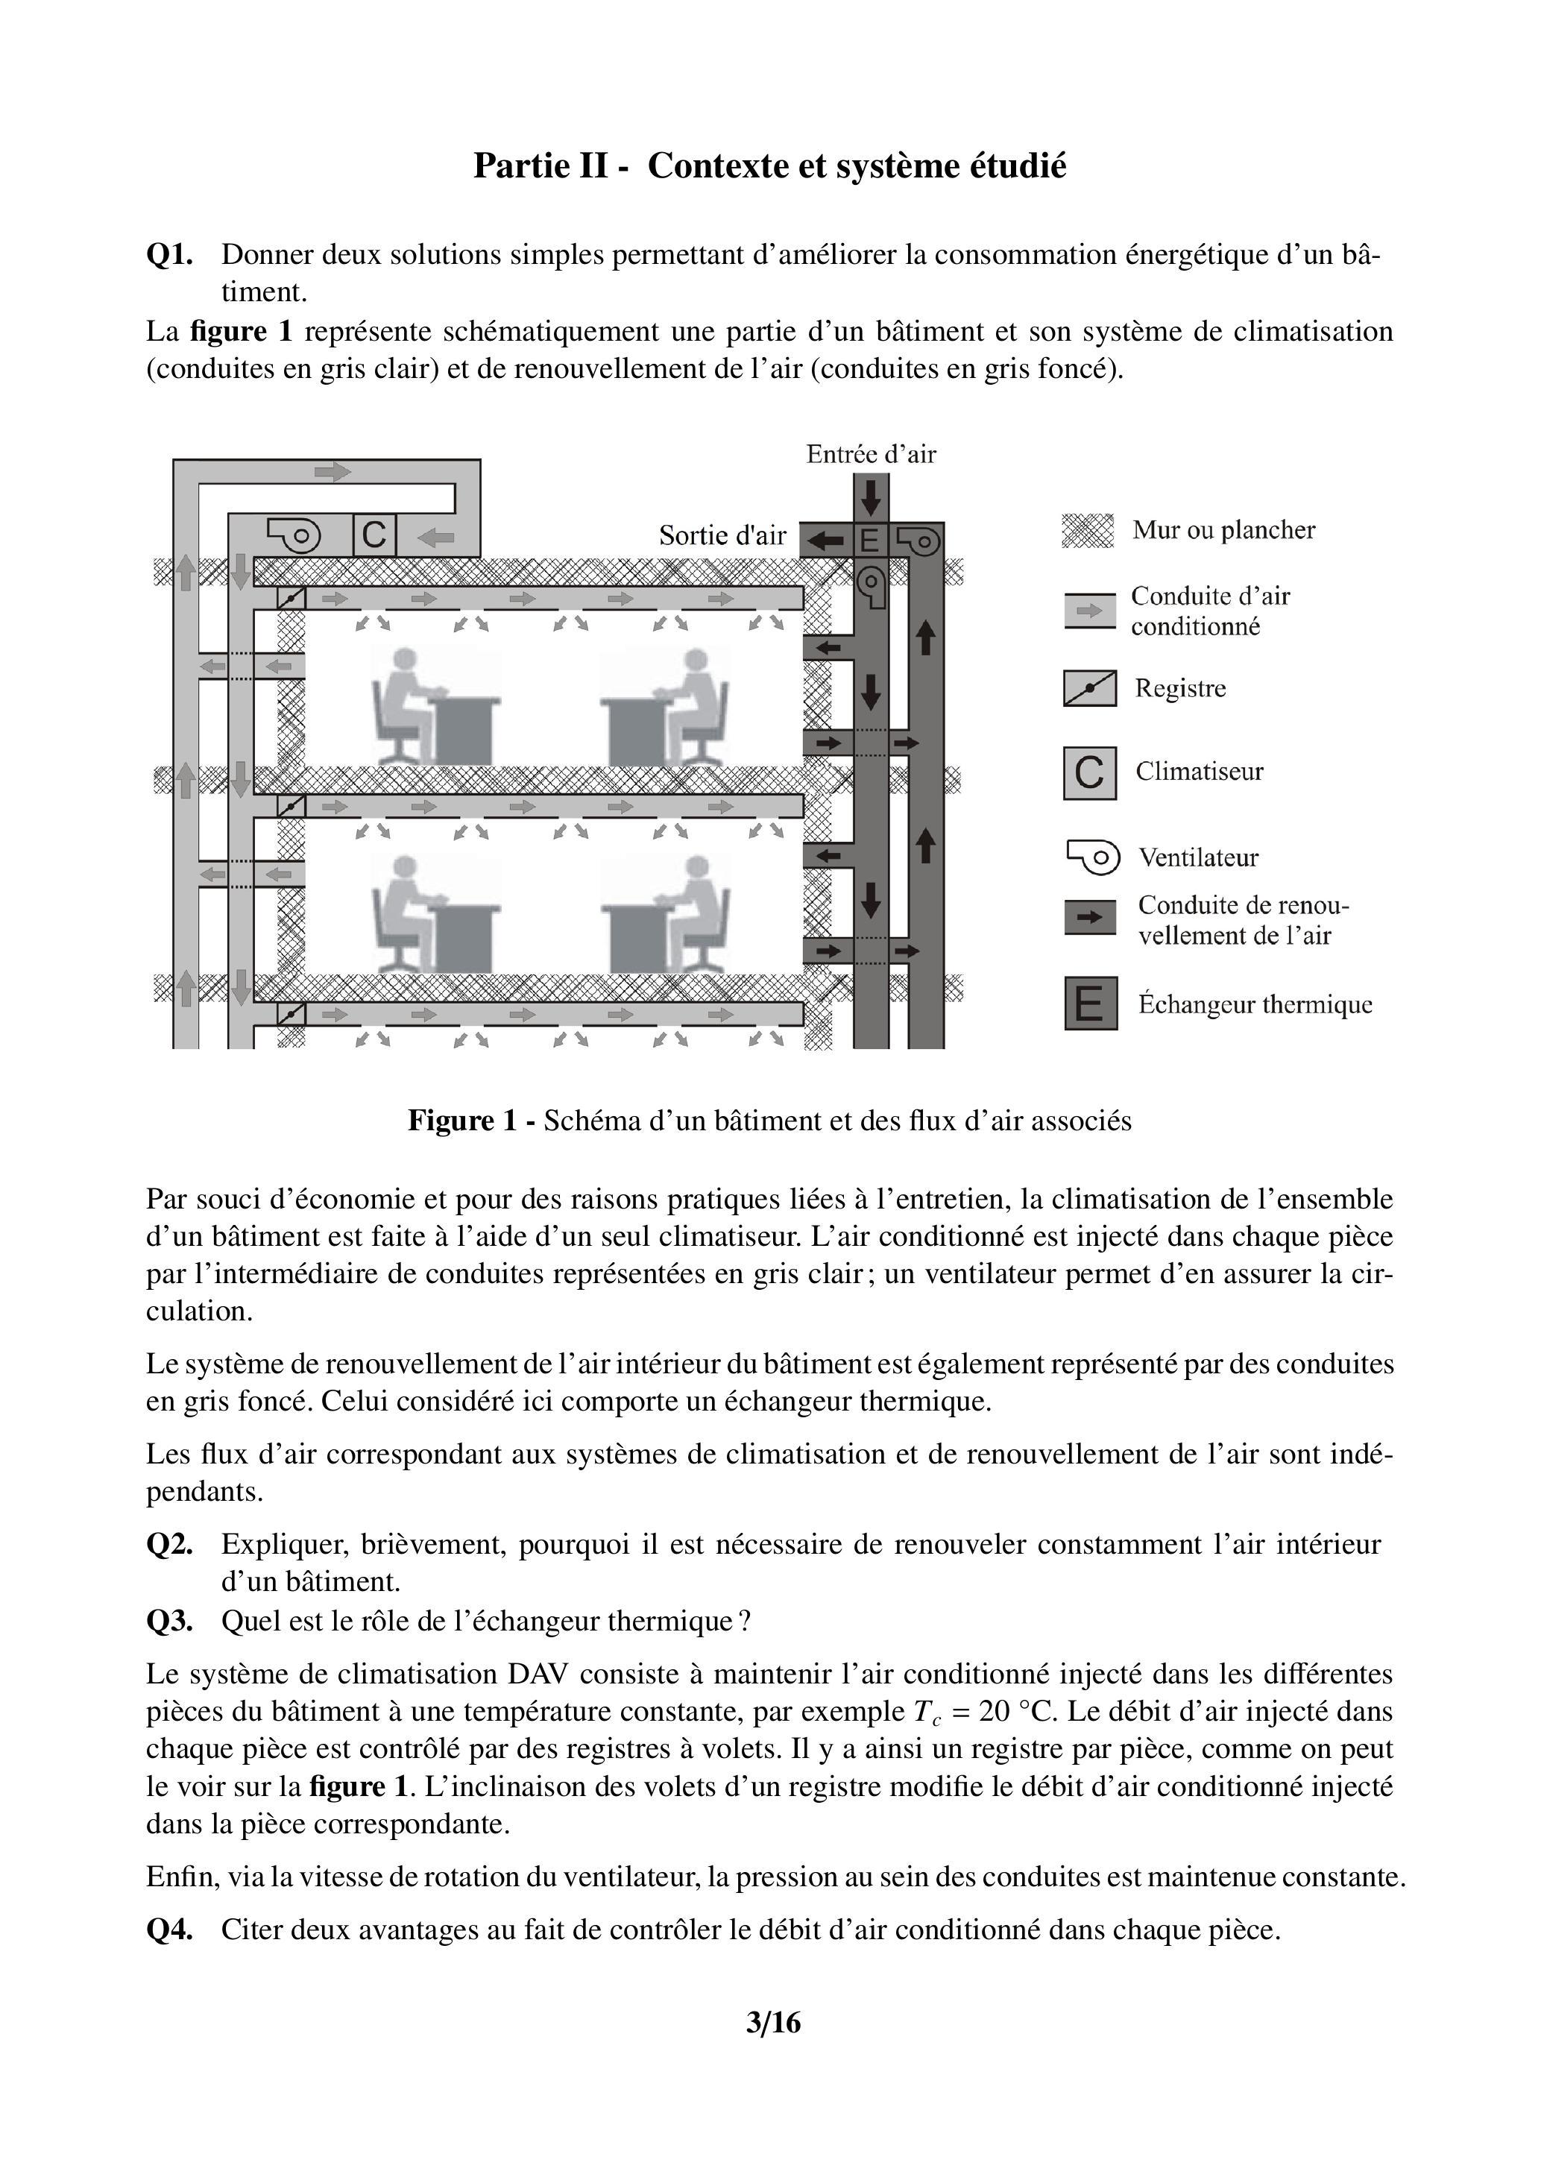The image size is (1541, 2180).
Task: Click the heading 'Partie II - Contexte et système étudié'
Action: click(769, 166)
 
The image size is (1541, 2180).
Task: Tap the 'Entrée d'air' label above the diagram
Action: click(871, 454)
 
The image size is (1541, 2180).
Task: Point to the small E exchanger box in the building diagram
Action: click(869, 541)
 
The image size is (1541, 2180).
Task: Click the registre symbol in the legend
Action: click(1089, 688)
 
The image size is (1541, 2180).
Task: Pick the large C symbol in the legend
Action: click(1089, 773)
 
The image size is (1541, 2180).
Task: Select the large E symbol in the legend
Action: click(1090, 1004)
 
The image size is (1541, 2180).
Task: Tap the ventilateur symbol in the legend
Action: click(1092, 857)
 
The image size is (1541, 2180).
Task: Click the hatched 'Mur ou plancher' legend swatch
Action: click(1087, 531)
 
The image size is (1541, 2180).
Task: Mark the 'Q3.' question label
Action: click(169, 1620)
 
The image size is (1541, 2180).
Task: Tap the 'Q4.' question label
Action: click(169, 1929)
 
